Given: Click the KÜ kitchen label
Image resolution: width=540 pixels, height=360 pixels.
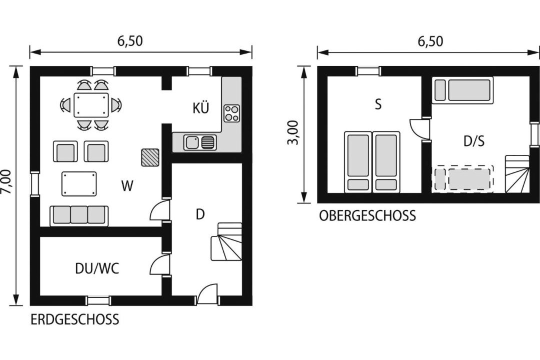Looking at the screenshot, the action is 201,108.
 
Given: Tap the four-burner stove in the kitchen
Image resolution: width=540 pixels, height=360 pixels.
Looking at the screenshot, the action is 232,113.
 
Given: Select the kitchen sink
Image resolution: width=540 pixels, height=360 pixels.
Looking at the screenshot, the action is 199,142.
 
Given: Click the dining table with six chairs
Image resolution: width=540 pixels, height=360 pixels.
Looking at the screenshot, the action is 91,104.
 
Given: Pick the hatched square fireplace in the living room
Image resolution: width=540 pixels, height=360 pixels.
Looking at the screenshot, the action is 150,157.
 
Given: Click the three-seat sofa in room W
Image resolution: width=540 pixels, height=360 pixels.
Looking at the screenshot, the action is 79,215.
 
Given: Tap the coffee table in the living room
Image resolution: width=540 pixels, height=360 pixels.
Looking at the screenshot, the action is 79,184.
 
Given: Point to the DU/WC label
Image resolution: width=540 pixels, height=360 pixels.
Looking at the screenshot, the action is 97,268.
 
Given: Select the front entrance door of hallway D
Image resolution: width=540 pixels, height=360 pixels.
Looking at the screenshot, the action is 207,294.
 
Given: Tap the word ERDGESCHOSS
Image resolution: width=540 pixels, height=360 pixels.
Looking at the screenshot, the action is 74,319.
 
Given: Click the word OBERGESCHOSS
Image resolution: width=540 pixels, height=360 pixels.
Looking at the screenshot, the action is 367,215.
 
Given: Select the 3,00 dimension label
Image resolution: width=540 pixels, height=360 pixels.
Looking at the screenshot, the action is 293,132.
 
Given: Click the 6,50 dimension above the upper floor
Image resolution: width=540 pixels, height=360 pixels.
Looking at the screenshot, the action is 430,41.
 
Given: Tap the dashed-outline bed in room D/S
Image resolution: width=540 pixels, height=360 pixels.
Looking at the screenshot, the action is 463,179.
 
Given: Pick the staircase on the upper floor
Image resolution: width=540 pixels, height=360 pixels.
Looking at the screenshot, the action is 517,173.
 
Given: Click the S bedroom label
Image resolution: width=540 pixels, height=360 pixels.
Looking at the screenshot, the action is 378,104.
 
